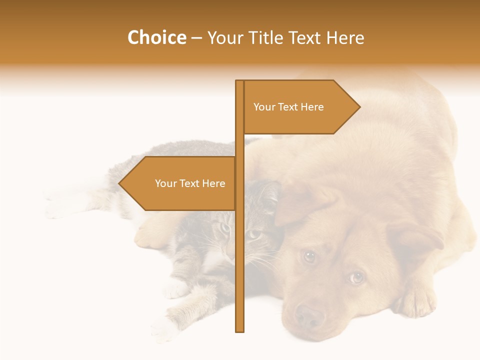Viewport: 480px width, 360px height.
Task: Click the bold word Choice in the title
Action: tap(156, 37)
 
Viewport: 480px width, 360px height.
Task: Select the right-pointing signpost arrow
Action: tap(300, 107)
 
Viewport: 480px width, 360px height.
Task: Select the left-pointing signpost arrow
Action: tap(180, 183)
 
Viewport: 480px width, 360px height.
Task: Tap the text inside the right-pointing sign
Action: tap(288, 107)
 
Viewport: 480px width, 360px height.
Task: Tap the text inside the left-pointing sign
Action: tap(190, 183)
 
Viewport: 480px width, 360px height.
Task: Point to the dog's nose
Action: tap(309, 316)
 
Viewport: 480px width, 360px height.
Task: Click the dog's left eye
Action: tap(356, 277)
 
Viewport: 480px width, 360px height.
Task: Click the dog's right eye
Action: tap(309, 256)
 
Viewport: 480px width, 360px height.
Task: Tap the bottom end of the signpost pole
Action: tap(239, 329)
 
